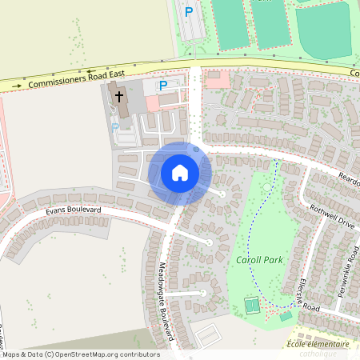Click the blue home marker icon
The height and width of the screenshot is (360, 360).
tap(180, 173)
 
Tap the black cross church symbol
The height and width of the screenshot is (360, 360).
tap(120, 97)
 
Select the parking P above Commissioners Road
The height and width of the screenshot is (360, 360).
tap(189, 12)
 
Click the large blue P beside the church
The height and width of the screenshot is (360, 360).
tap(163, 85)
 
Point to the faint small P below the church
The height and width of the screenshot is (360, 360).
tap(114, 126)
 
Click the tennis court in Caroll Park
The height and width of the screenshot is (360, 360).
tap(253, 305)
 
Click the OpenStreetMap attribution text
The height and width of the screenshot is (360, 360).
tap(81, 354)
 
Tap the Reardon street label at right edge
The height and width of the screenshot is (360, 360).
tap(349, 177)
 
